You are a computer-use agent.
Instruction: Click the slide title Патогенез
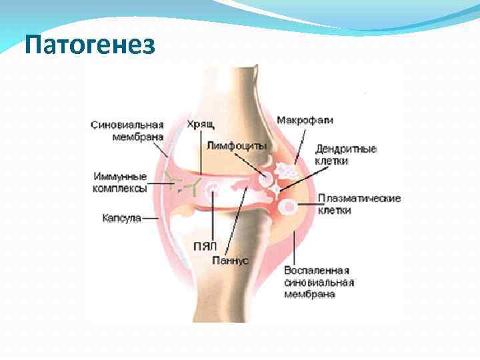pyautogui.click(x=89, y=45)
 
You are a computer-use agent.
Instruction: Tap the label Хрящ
pyautogui.click(x=200, y=123)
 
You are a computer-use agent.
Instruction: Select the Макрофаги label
pyautogui.click(x=305, y=121)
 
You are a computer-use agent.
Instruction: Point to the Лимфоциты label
pyautogui.click(x=237, y=145)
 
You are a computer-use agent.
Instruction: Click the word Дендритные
pyautogui.click(x=346, y=149)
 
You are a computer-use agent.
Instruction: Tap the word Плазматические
pyautogui.click(x=359, y=199)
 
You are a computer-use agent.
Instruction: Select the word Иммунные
pyautogui.click(x=119, y=177)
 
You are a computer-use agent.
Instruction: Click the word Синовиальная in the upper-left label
pyautogui.click(x=127, y=124)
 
